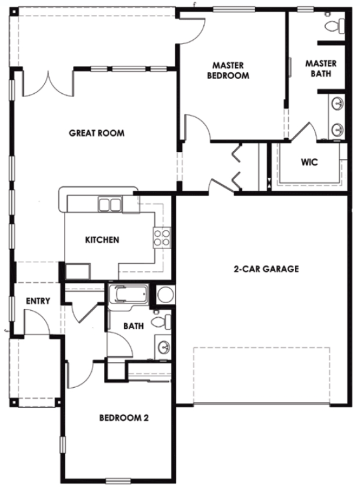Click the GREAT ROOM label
97,133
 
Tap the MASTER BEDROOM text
228,70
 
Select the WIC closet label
309,162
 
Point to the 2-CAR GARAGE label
266,269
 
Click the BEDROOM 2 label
124,418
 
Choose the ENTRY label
38,301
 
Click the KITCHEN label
102,240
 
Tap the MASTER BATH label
321,69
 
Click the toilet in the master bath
334,24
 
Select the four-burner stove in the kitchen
162,238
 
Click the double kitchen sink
110,205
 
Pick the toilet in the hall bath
161,321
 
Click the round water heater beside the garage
165,294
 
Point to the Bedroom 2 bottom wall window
118,480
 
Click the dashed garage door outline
261,375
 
